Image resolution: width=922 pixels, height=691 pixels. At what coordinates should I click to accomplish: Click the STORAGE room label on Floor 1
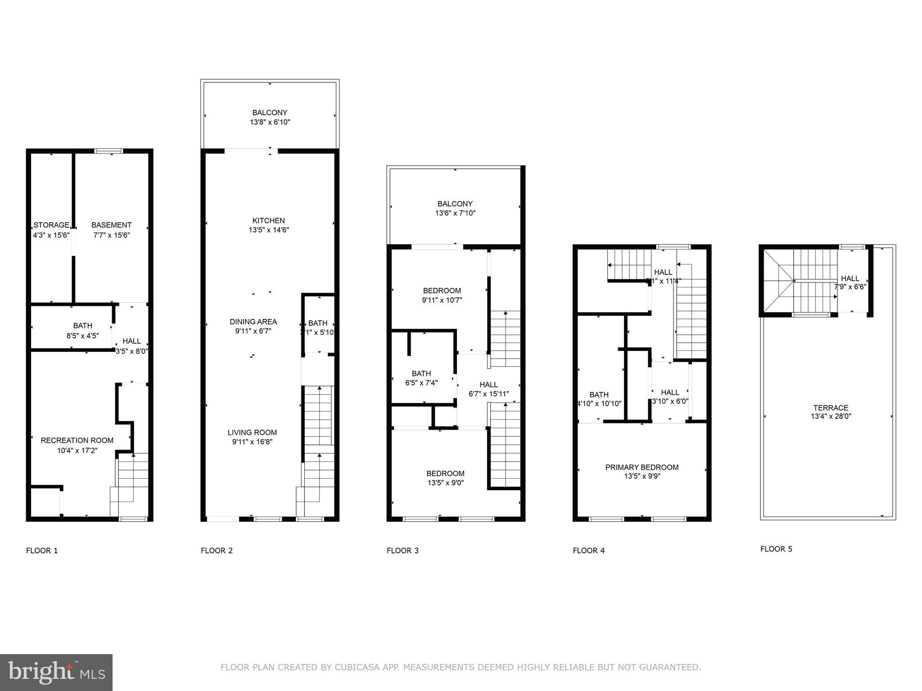pyautogui.click(x=51, y=225)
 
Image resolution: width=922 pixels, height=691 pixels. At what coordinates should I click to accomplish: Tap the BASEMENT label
pyautogui.click(x=111, y=225)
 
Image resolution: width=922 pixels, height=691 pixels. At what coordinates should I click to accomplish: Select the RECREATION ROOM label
pyautogui.click(x=77, y=440)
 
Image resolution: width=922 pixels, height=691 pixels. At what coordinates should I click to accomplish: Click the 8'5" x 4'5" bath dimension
pyautogui.click(x=83, y=336)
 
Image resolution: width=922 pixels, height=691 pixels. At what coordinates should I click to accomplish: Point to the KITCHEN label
pyautogui.click(x=269, y=220)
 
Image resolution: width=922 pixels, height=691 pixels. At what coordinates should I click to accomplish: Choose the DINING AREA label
pyautogui.click(x=253, y=322)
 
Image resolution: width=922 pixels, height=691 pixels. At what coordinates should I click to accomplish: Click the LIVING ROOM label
pyautogui.click(x=252, y=432)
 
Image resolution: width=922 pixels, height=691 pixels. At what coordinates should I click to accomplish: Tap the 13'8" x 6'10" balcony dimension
pyautogui.click(x=270, y=122)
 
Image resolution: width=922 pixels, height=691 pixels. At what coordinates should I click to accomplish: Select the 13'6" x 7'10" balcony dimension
pyautogui.click(x=455, y=213)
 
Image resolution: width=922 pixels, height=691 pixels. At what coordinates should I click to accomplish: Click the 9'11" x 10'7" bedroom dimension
pyautogui.click(x=442, y=300)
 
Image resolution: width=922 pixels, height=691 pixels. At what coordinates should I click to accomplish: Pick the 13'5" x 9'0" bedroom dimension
pyautogui.click(x=445, y=483)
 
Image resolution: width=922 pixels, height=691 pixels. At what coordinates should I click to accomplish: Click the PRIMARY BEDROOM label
pyautogui.click(x=642, y=467)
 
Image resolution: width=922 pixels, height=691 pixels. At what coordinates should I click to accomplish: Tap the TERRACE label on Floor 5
pyautogui.click(x=831, y=408)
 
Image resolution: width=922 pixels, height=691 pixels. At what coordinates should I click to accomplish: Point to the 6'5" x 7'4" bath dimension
pyautogui.click(x=421, y=383)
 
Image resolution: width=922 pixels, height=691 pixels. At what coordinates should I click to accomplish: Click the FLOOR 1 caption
pyautogui.click(x=42, y=551)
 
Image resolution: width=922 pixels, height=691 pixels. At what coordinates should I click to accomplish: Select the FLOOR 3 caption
pyautogui.click(x=402, y=551)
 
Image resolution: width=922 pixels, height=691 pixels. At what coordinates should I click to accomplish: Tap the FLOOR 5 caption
pyautogui.click(x=776, y=549)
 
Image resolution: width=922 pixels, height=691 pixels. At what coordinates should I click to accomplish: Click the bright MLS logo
pyautogui.click(x=56, y=673)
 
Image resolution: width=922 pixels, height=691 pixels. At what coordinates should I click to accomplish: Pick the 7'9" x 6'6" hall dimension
pyautogui.click(x=850, y=287)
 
